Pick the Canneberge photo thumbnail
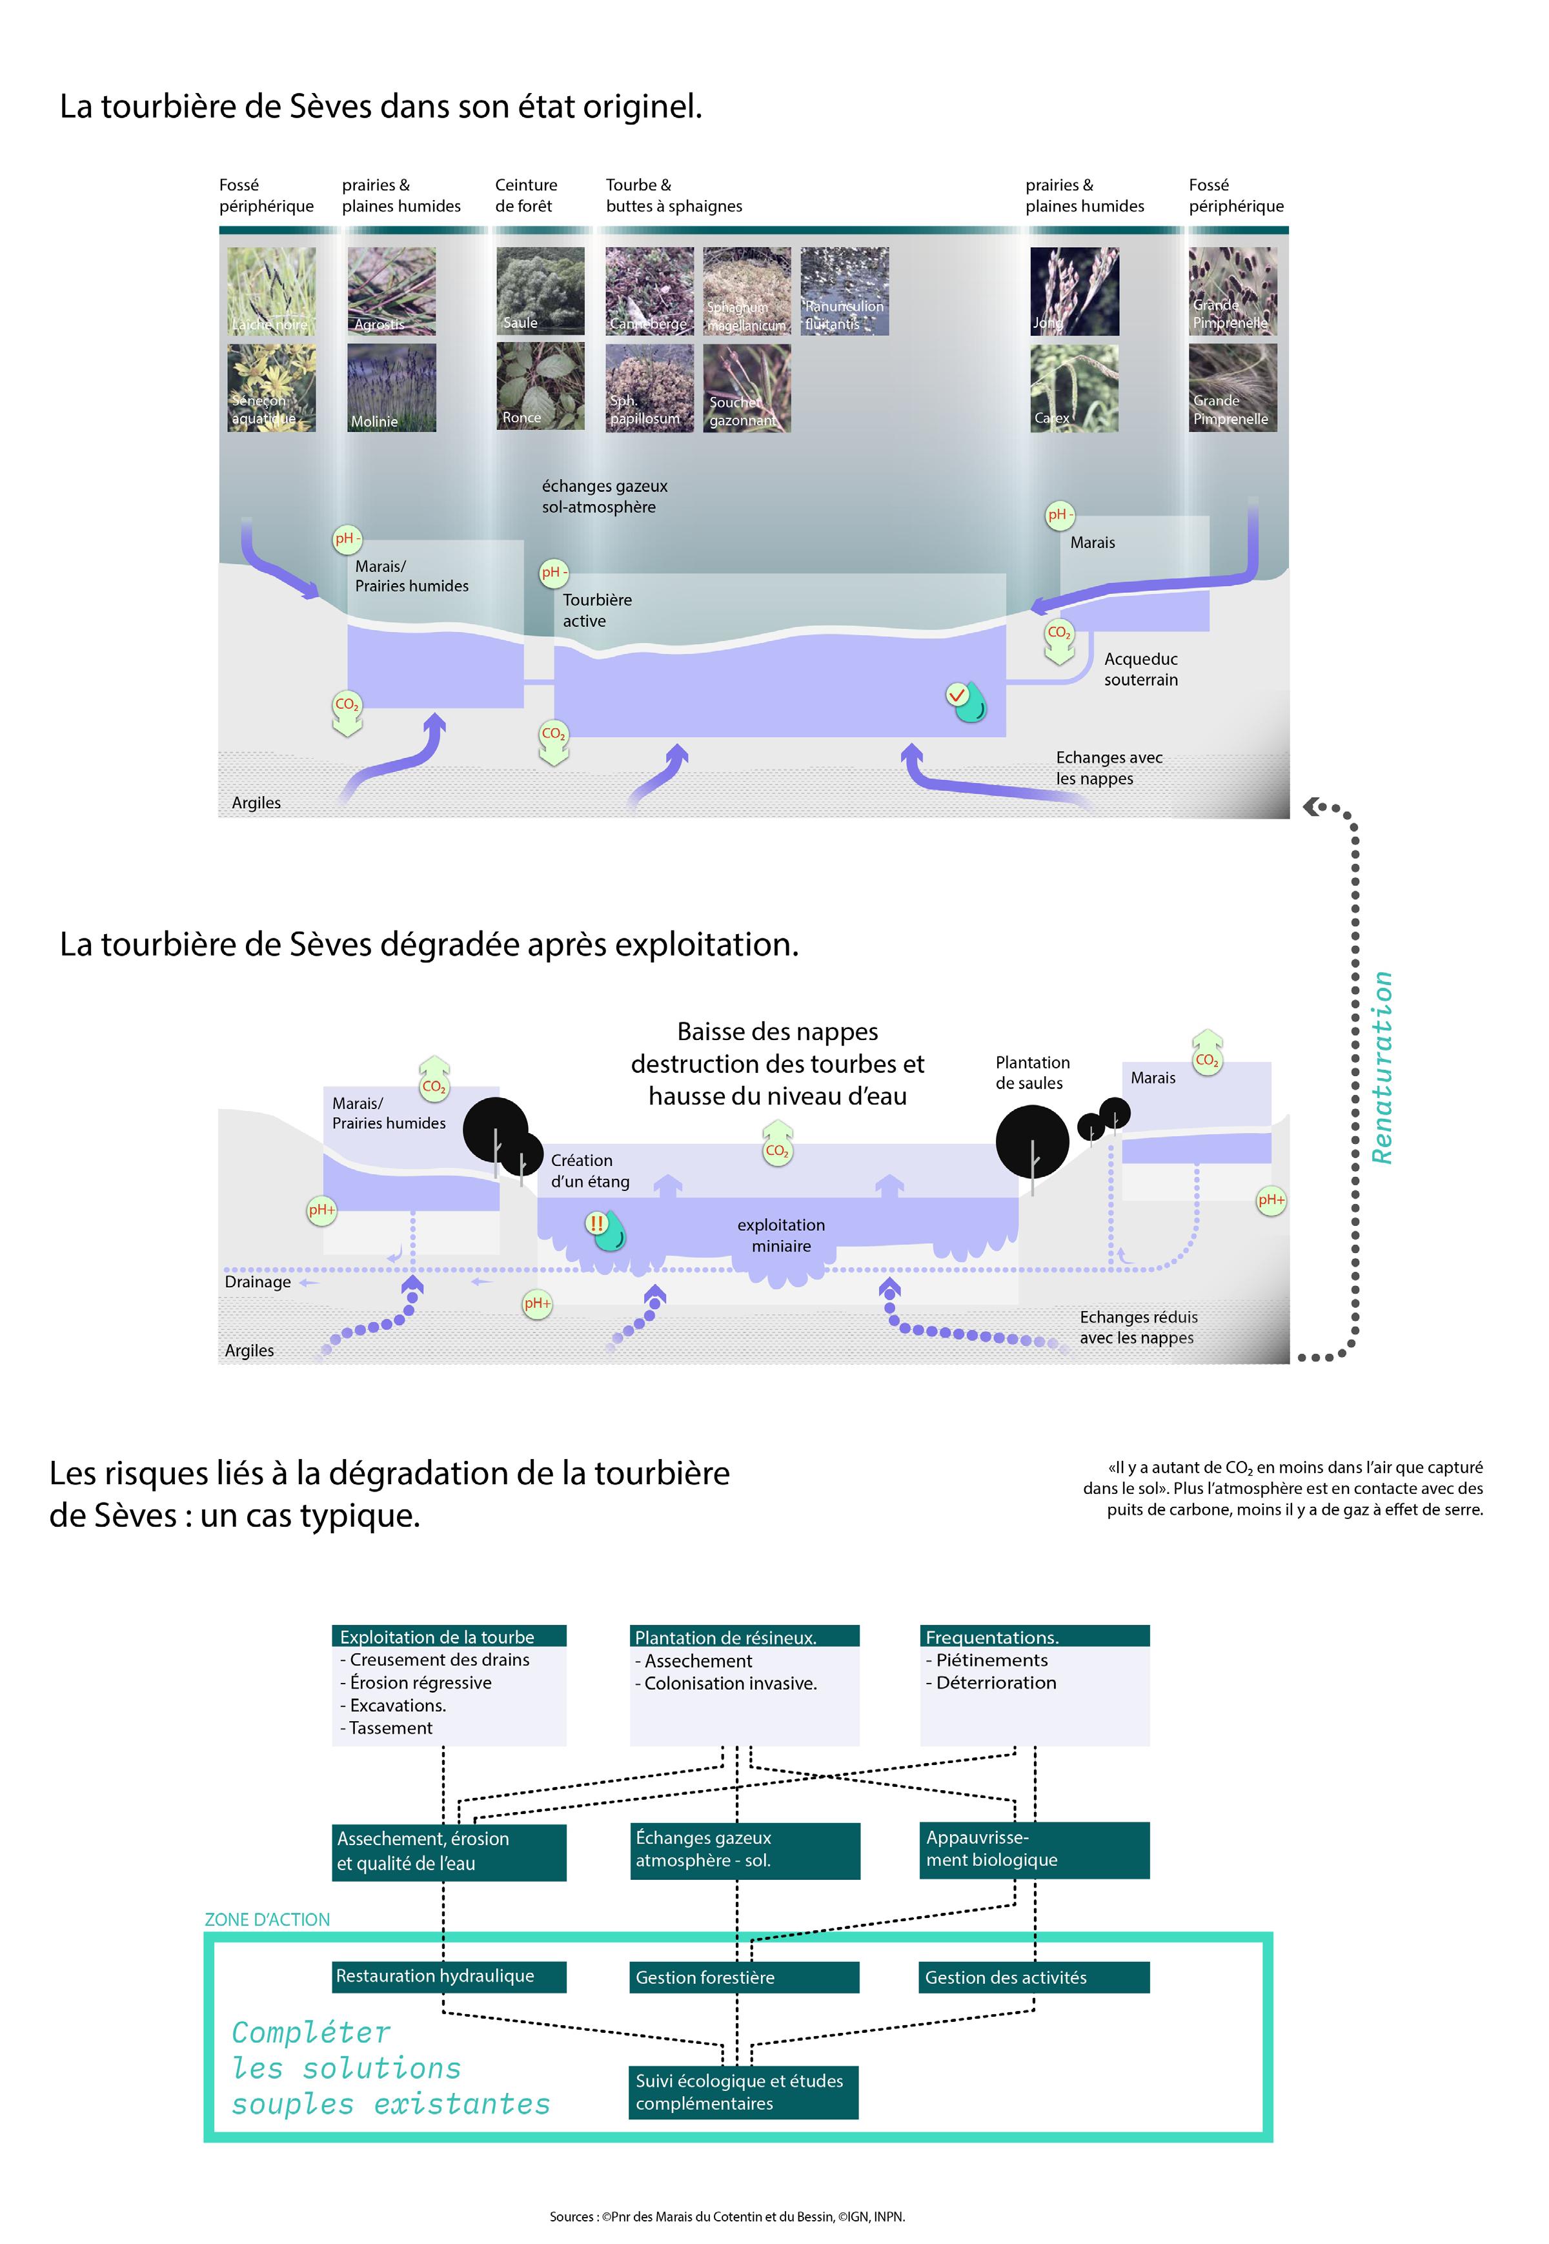(649, 291)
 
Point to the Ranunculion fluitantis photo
(844, 291)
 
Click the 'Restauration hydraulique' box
(449, 1975)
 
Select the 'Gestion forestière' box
(744, 1977)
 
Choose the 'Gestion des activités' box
(1034, 1977)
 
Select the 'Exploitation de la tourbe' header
(449, 1637)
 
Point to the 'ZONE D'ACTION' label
(267, 1919)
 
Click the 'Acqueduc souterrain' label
(1140, 669)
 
